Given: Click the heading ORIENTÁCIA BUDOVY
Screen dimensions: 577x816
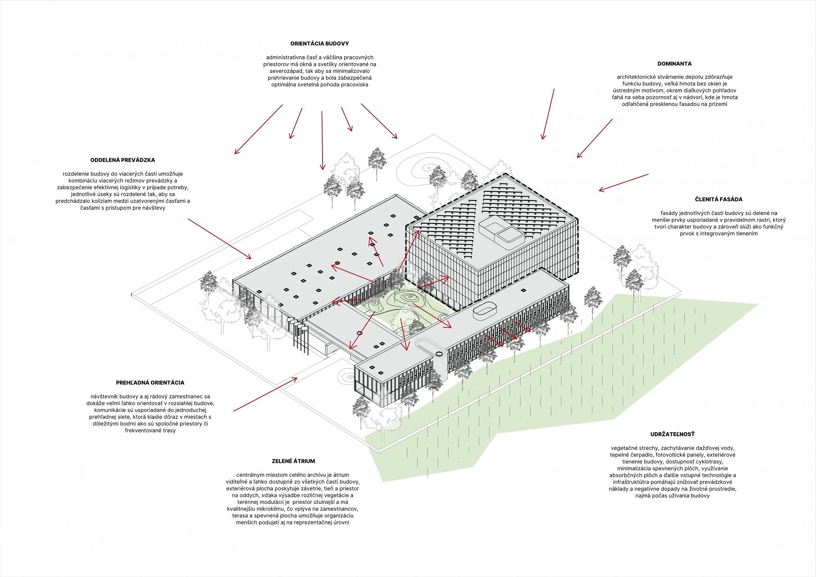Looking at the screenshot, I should tap(320, 44).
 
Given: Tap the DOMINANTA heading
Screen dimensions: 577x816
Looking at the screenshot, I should tap(674, 64).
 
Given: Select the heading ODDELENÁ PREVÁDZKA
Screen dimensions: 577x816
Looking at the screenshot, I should tap(122, 160).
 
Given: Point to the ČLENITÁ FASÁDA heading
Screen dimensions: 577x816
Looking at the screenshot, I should tap(718, 199).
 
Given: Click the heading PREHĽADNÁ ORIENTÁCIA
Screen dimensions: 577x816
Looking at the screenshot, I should tap(150, 383).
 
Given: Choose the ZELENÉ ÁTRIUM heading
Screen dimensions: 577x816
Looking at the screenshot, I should tap(293, 461).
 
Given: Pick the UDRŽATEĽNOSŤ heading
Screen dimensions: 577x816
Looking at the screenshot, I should tap(672, 434).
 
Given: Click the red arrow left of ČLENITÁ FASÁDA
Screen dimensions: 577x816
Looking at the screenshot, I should tap(623, 183).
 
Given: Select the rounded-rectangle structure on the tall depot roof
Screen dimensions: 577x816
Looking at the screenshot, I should tap(502, 229).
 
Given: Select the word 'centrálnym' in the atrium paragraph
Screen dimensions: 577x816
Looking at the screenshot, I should tap(250, 475).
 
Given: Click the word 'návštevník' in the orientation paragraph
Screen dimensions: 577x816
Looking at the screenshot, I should tap(104, 397).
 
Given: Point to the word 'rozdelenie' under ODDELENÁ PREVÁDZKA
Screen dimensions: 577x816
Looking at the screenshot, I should tap(76, 174).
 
